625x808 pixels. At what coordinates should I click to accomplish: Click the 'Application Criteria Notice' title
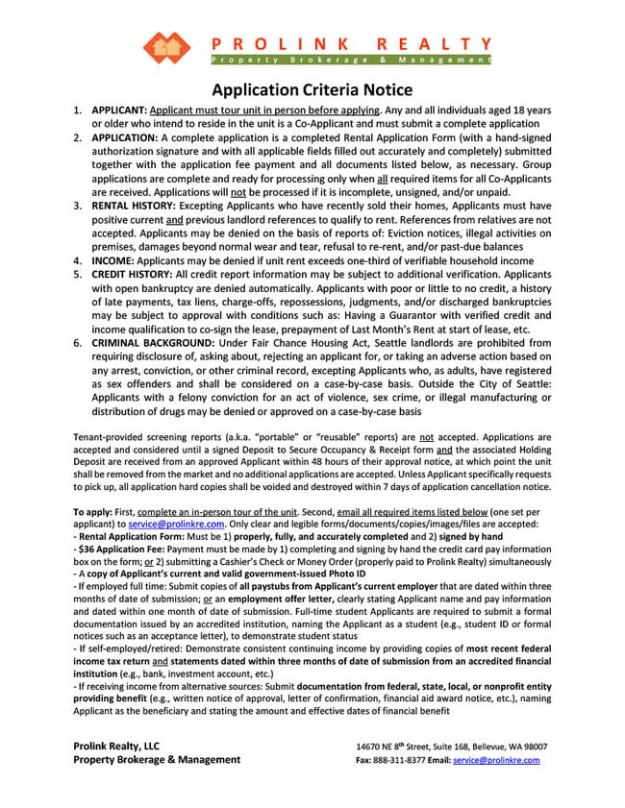tap(312, 89)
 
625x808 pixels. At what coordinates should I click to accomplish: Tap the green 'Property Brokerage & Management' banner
tap(350, 61)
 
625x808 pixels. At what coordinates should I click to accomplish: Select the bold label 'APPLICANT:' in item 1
tap(119, 110)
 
